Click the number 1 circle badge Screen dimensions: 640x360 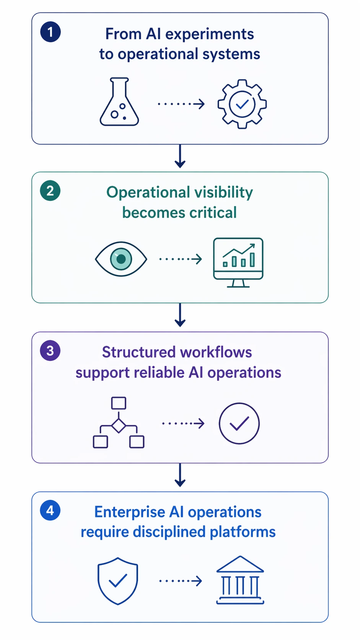(50, 32)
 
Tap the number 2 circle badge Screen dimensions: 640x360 (50, 191)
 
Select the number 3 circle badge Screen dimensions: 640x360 (50, 351)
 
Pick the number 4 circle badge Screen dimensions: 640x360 (50, 510)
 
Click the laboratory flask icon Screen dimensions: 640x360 (119, 102)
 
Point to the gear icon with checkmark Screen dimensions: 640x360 (242, 104)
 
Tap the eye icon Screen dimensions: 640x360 (121, 259)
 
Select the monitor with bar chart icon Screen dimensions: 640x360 (238, 262)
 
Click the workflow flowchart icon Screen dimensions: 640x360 (119, 423)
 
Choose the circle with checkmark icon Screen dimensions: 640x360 (239, 423)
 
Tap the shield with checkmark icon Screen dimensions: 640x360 (118, 581)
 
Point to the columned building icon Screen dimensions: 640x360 (240, 580)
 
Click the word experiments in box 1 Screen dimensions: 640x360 (209, 34)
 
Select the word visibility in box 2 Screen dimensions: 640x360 (224, 193)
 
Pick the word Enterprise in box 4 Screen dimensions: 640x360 (130, 512)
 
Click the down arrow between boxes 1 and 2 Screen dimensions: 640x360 (180, 157)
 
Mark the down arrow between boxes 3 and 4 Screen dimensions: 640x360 (180, 475)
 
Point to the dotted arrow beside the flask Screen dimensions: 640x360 (181, 104)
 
